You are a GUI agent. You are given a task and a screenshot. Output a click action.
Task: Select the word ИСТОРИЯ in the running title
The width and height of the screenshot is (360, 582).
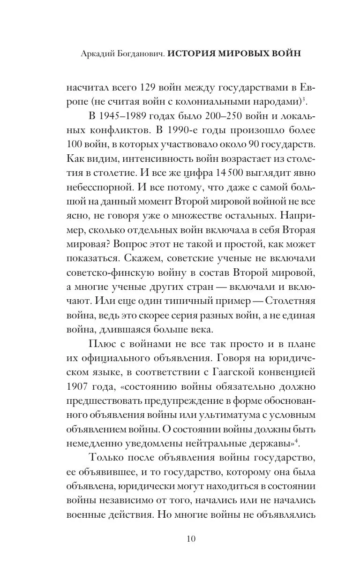(193, 53)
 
